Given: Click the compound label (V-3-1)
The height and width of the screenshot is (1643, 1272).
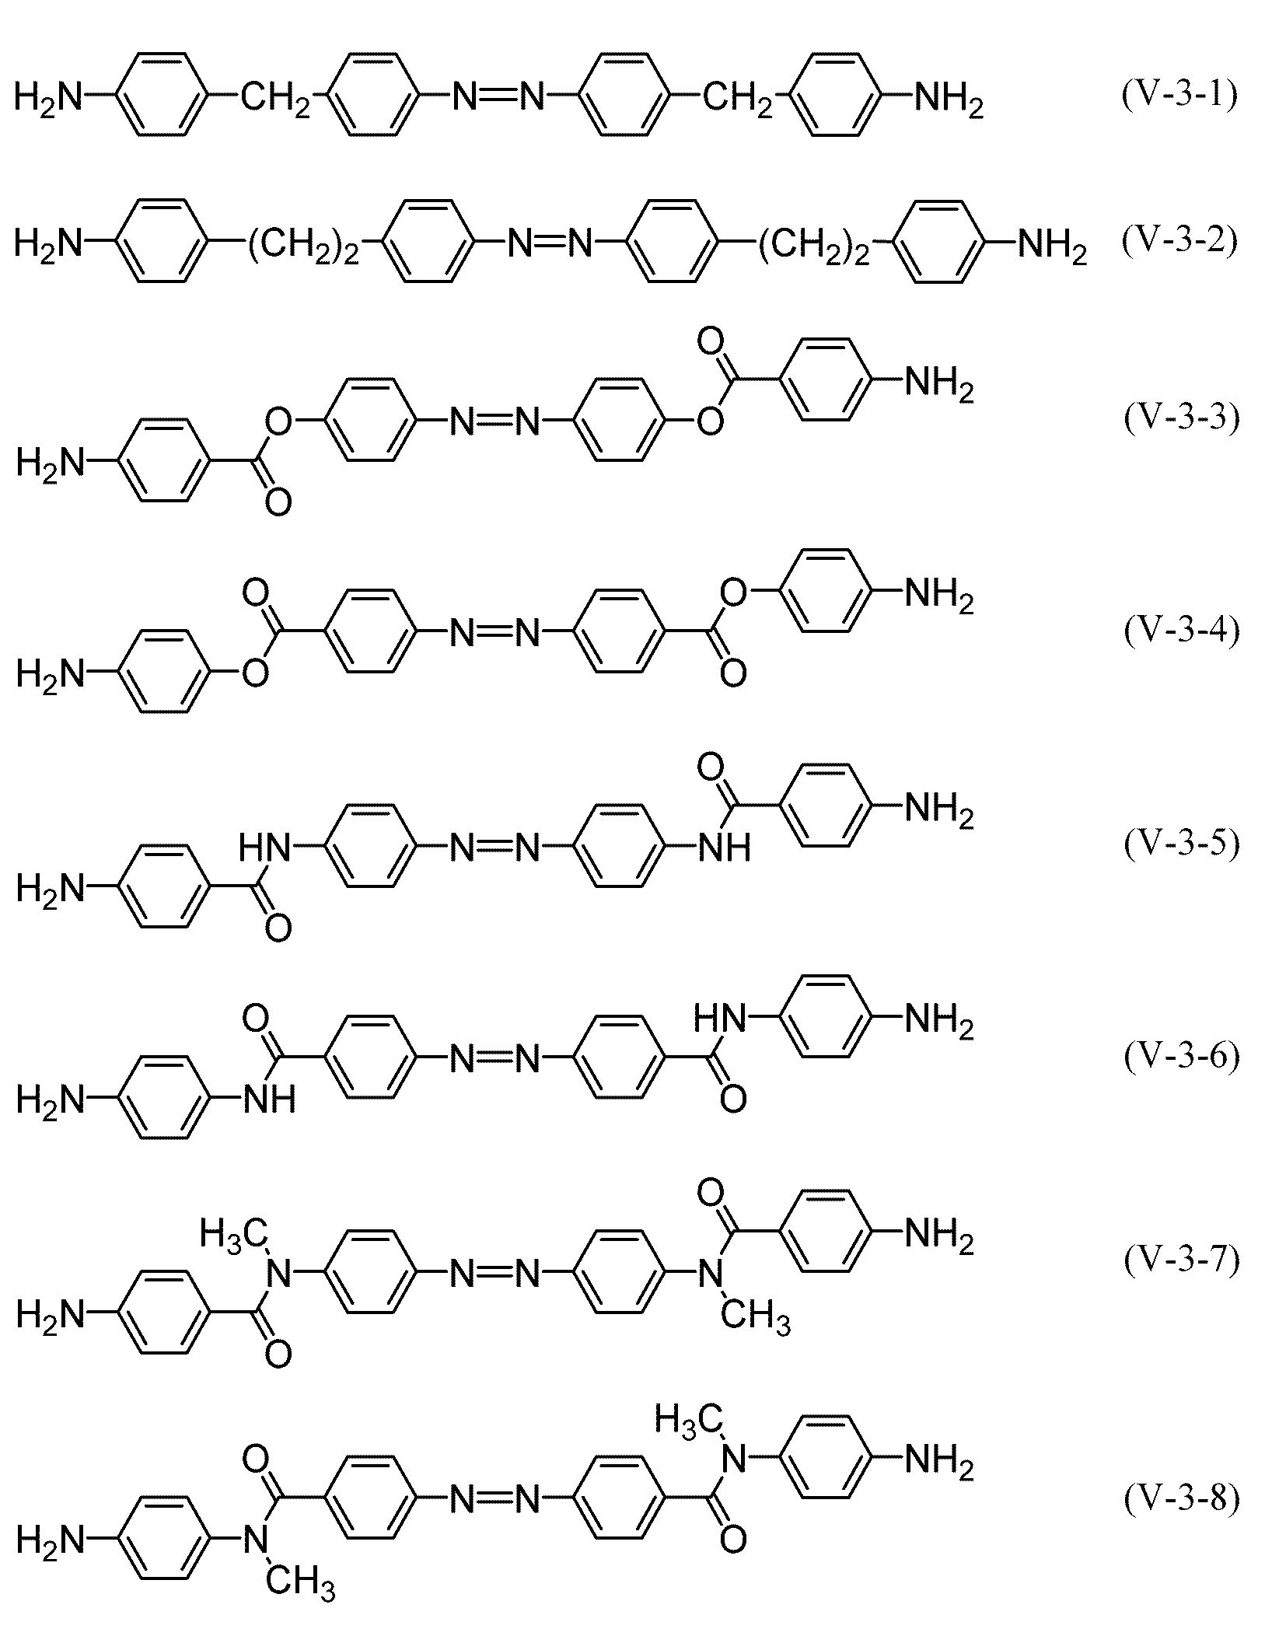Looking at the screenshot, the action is pos(1180,96).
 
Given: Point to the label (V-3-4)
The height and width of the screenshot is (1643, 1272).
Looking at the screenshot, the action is pos(1182,630).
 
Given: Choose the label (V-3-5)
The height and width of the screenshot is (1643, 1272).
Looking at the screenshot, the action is pos(1182,843).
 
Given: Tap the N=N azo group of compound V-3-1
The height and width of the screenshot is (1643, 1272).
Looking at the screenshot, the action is pos(498,97).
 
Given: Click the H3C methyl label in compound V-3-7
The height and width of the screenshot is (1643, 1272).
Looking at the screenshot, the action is pos(234,1233).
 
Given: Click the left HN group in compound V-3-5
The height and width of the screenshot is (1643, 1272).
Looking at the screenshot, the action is pos(264,847).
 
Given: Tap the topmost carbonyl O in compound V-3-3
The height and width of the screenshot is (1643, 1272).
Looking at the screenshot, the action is pos(710,341).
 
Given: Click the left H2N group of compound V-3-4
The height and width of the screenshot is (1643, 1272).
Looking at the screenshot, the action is pos(50,673).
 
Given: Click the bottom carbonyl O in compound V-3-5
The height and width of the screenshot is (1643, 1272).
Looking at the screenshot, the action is pos(278,928).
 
